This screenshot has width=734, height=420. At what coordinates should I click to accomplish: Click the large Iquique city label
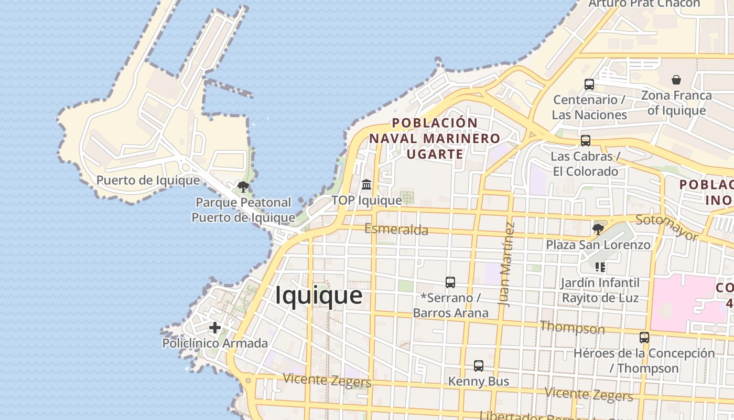(x=319, y=295)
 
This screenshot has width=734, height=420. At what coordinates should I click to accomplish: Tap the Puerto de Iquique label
(x=148, y=181)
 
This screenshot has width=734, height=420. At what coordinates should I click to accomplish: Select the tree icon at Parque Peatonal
(x=243, y=187)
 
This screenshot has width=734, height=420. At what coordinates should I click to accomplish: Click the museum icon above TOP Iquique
(x=366, y=185)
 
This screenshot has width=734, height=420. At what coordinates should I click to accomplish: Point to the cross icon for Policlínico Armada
(x=214, y=328)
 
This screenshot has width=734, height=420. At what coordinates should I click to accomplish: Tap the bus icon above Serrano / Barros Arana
(x=450, y=282)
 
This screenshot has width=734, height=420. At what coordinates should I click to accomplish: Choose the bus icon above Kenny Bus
(x=478, y=365)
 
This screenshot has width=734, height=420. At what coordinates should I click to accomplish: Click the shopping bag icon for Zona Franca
(x=676, y=80)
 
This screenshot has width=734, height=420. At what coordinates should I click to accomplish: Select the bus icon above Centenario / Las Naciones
(x=589, y=84)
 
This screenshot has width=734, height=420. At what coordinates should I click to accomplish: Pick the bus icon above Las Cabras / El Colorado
(x=586, y=141)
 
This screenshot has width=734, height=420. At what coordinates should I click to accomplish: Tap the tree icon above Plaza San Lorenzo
(x=598, y=229)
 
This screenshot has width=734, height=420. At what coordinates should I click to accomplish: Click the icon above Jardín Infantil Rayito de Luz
(x=600, y=267)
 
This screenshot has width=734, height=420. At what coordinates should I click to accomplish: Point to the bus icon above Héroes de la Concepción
(x=644, y=338)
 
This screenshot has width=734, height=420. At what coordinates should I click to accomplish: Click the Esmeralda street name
(x=396, y=229)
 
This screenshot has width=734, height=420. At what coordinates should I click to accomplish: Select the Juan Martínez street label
(x=507, y=265)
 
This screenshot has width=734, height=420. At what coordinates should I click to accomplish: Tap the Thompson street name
(x=572, y=328)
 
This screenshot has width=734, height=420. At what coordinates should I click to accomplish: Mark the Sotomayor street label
(x=667, y=227)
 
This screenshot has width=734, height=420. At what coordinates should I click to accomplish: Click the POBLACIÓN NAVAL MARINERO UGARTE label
(x=435, y=138)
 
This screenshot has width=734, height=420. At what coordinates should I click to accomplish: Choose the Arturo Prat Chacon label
(x=644, y=4)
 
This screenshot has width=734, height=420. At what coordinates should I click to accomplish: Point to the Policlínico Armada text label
(x=215, y=343)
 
